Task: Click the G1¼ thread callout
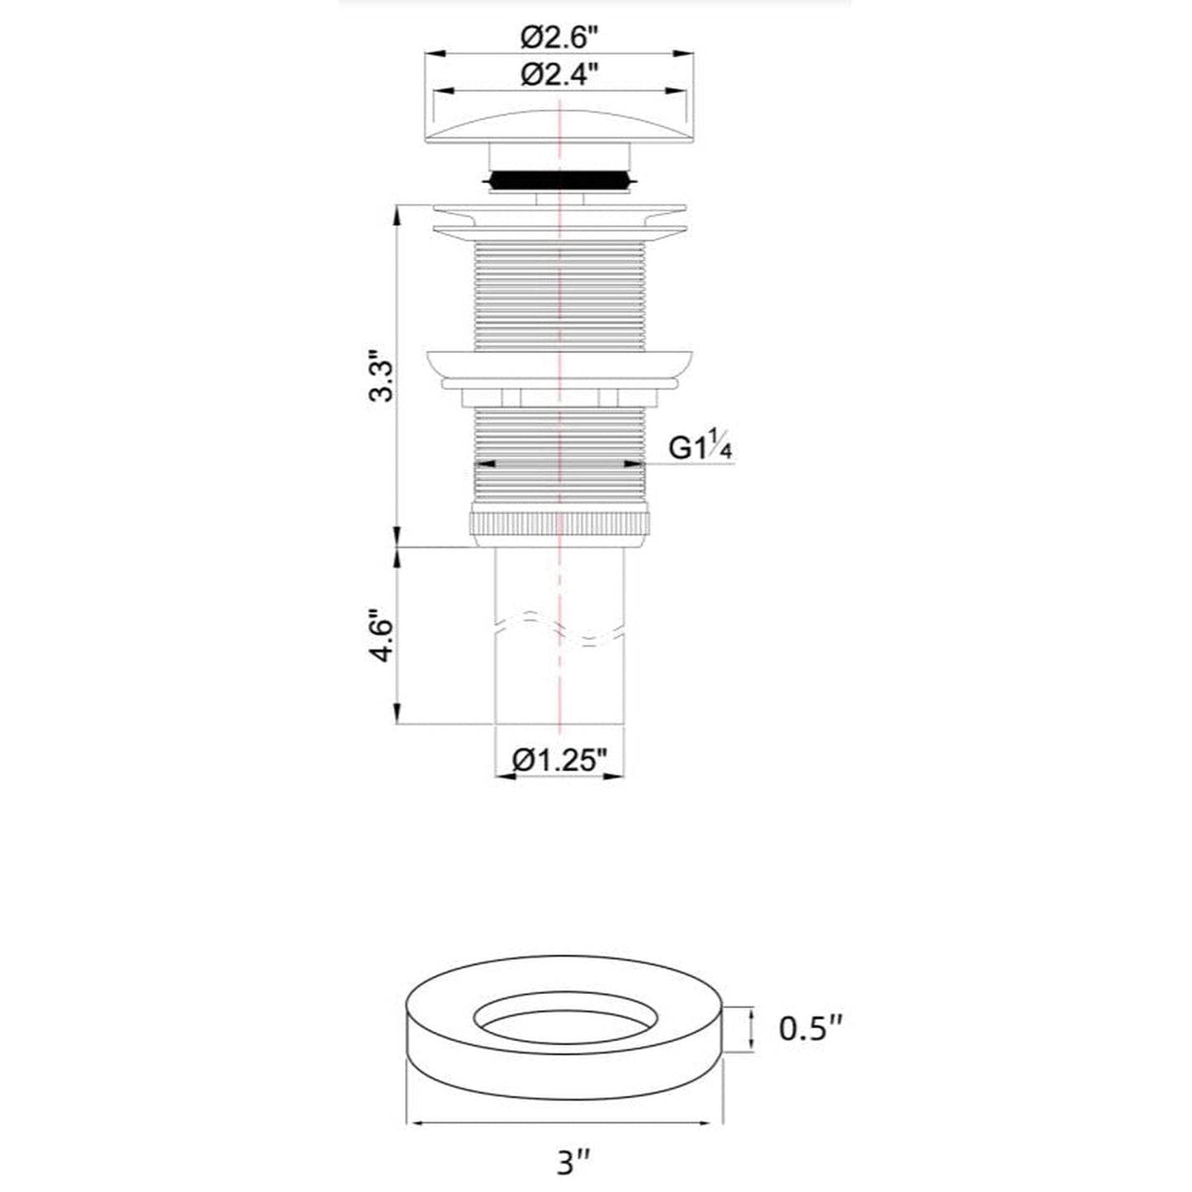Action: [700, 446]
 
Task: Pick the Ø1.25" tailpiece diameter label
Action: [560, 760]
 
